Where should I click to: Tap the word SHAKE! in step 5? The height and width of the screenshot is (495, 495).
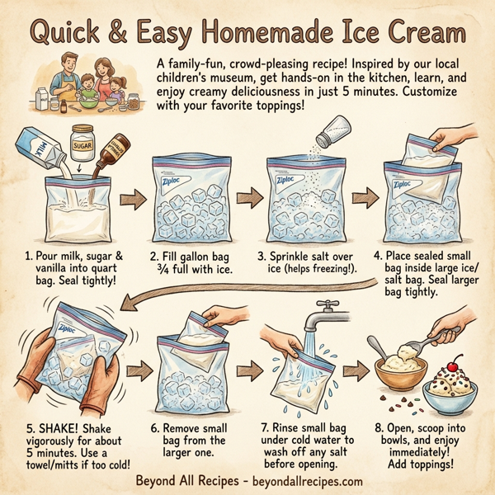(x=49, y=429)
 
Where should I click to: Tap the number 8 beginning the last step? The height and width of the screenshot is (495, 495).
(x=378, y=429)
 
